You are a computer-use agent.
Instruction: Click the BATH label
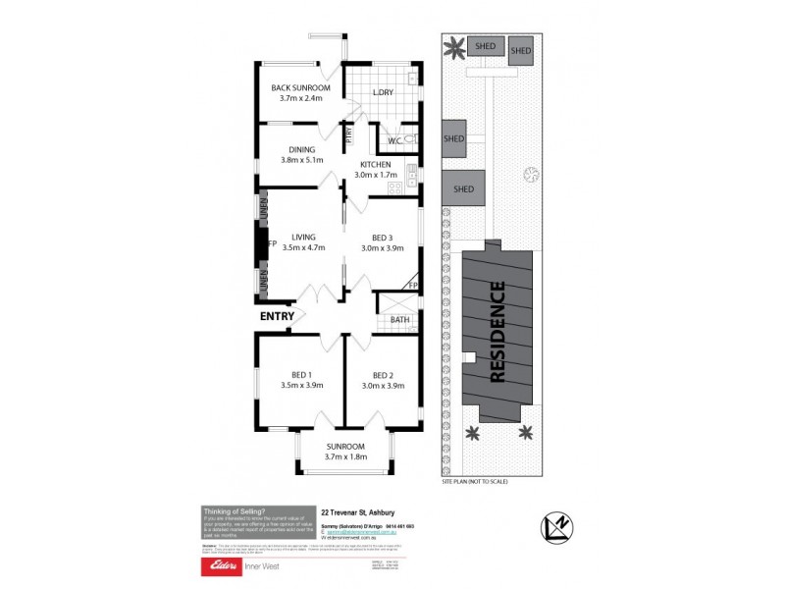(399, 319)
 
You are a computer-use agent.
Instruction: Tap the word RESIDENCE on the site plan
(497, 332)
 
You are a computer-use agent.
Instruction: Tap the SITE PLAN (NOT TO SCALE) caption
(475, 482)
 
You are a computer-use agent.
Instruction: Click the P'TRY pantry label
(349, 134)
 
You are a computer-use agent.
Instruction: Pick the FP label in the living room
(273, 242)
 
